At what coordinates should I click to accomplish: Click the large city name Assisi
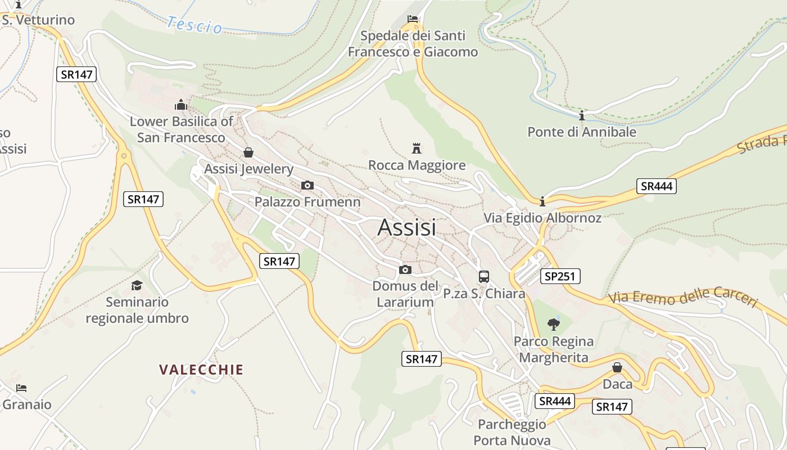pos(406,227)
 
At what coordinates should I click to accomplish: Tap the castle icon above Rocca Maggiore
pos(417,148)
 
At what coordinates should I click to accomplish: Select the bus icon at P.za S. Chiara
pos(483,276)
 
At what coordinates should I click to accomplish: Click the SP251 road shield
pos(560,276)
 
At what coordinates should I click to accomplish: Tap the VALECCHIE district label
pos(201,370)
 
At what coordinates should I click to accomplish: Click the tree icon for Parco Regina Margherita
pos(554,324)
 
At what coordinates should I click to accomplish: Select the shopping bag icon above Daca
pos(617,367)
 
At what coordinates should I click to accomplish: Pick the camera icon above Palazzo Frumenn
pos(307,185)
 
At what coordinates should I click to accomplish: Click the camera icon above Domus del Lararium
pos(405,269)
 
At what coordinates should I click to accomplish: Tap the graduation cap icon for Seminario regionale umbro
pos(137,285)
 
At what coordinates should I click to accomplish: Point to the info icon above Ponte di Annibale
pos(582,116)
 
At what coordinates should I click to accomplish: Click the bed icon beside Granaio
pos(21,388)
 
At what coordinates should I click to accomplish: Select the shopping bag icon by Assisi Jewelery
pos(248,152)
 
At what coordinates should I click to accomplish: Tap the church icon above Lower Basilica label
pos(180,105)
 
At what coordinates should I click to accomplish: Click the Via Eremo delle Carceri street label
pos(683,297)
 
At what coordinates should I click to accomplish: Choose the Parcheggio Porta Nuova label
pos(512,432)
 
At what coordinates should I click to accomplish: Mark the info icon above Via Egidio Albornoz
pos(542,201)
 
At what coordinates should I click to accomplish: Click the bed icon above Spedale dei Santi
pos(413,19)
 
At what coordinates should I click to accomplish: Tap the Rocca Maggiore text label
pos(417,165)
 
